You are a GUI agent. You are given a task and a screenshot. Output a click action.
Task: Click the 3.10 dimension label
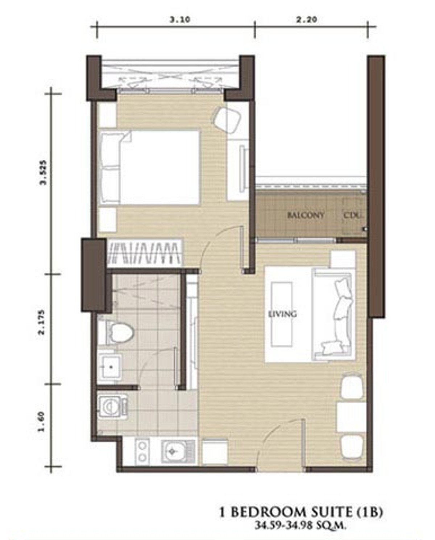pos(180,20)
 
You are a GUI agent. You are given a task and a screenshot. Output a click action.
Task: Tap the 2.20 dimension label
pos(306,20)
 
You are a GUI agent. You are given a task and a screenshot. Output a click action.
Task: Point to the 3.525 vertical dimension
pos(43,172)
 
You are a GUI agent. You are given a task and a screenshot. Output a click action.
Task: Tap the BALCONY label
pos(306,215)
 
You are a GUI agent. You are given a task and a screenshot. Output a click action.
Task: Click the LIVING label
pos(282,314)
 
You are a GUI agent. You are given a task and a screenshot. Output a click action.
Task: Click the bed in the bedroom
pos(150,168)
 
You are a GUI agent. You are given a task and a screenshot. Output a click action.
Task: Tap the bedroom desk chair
pos(228,120)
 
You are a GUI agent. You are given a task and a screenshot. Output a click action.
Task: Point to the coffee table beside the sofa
pos(282,314)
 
